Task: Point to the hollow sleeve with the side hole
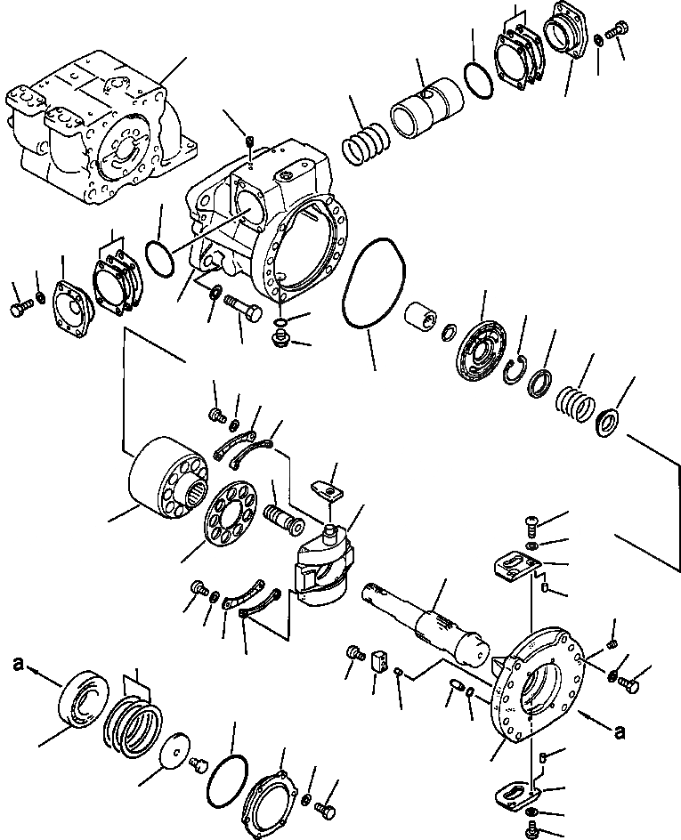click(x=425, y=112)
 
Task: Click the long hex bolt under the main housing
click(x=244, y=311)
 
